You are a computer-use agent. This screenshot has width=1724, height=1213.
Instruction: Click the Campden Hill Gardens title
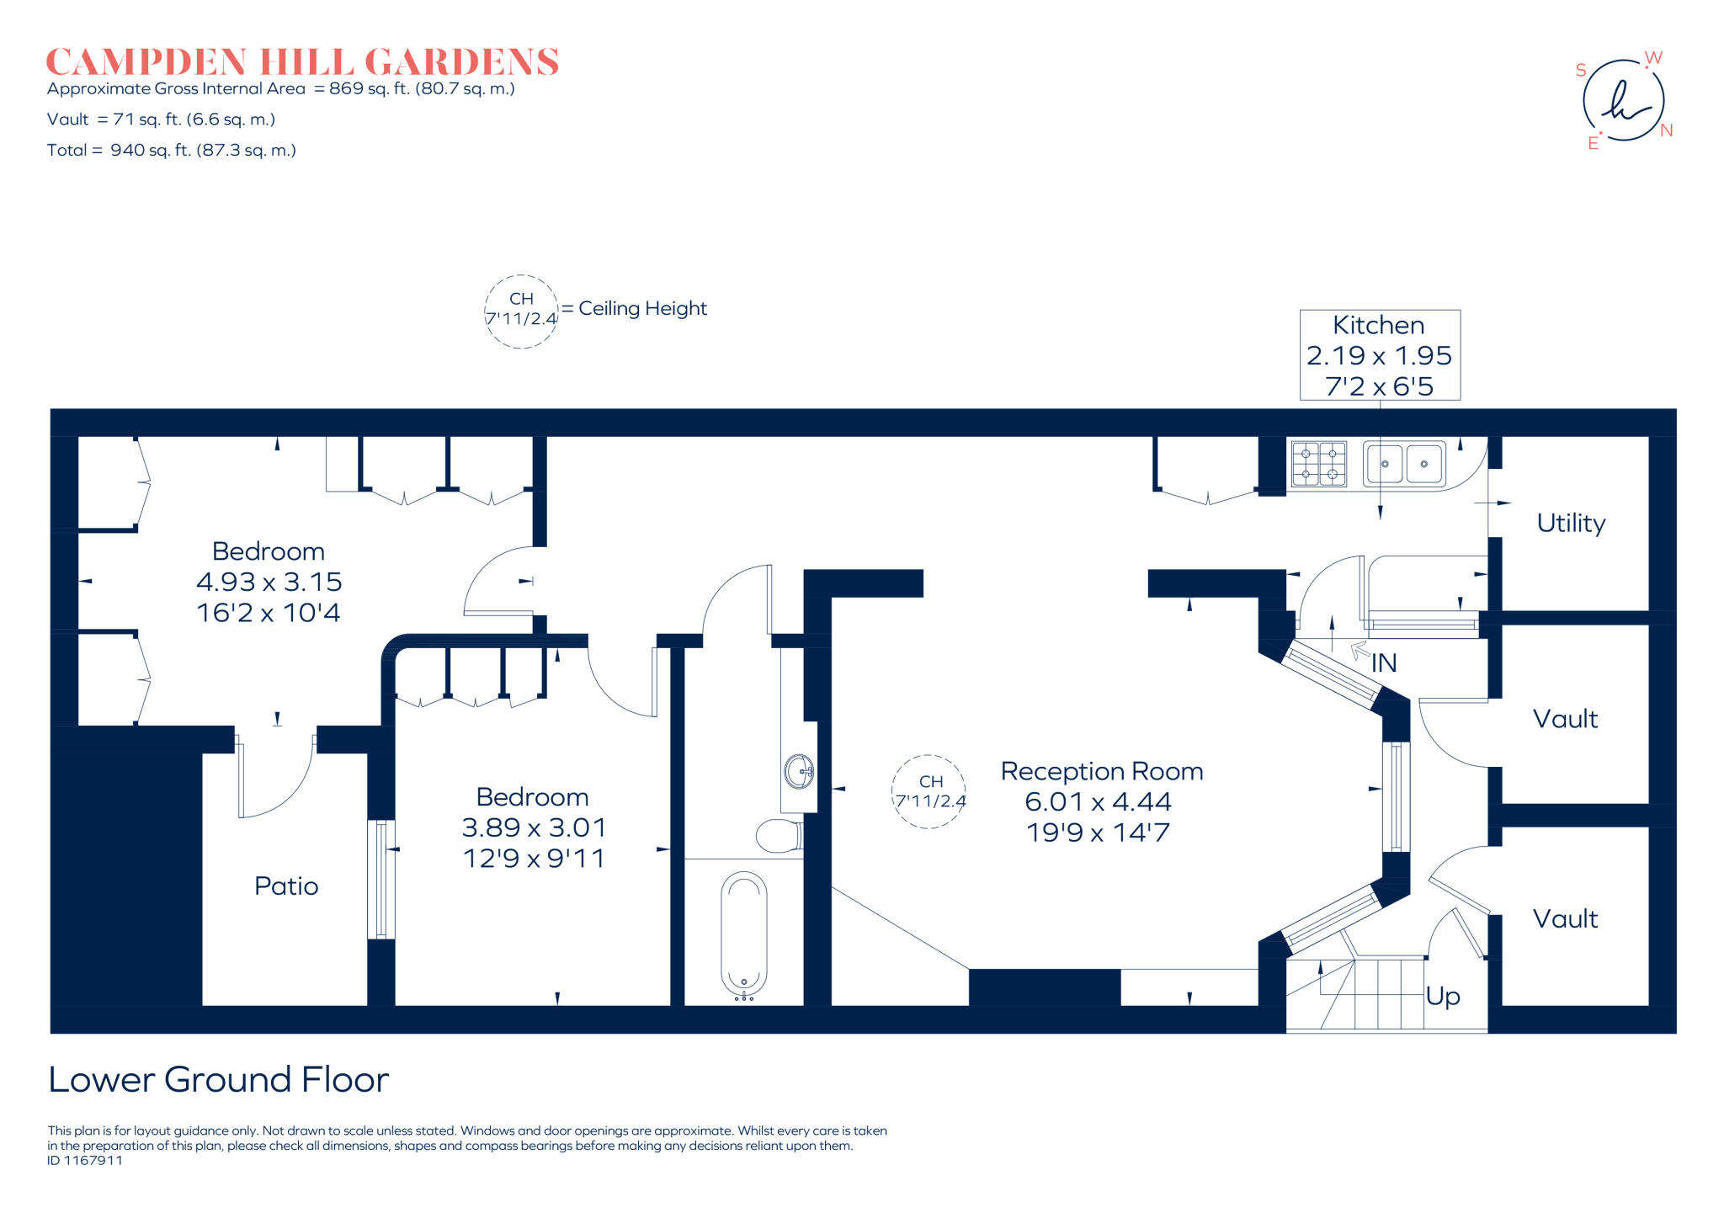click(302, 62)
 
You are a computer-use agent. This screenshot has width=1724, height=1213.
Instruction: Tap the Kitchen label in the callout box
click(1379, 325)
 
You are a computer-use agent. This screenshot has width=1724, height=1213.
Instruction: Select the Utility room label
click(1571, 523)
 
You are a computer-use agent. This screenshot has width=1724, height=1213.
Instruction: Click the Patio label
click(286, 886)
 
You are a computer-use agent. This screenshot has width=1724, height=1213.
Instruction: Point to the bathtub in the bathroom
click(744, 935)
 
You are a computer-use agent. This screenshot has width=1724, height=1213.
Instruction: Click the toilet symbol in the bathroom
click(779, 836)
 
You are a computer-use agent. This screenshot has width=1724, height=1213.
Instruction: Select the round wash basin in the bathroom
click(798, 771)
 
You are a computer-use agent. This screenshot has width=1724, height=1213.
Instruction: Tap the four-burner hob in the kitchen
click(1318, 464)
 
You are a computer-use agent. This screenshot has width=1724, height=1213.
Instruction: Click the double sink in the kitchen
click(1404, 464)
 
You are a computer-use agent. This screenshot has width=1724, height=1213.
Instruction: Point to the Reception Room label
click(1102, 771)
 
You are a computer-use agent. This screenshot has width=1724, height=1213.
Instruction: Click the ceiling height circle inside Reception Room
click(929, 791)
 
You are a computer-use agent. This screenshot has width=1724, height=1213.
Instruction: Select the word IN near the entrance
click(1384, 663)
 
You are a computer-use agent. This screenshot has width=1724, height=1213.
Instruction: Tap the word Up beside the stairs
click(1443, 997)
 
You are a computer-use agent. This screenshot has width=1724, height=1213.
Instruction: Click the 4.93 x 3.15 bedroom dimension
click(269, 582)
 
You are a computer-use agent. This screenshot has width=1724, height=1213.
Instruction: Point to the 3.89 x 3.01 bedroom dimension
click(534, 827)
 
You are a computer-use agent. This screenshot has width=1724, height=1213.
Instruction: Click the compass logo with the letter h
click(1624, 101)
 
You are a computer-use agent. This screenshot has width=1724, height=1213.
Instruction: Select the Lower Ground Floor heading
click(219, 1079)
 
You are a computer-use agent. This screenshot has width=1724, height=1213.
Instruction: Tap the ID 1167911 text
click(85, 1160)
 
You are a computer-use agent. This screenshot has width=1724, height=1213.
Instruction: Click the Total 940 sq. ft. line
click(172, 151)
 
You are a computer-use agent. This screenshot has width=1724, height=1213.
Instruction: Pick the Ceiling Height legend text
click(642, 309)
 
